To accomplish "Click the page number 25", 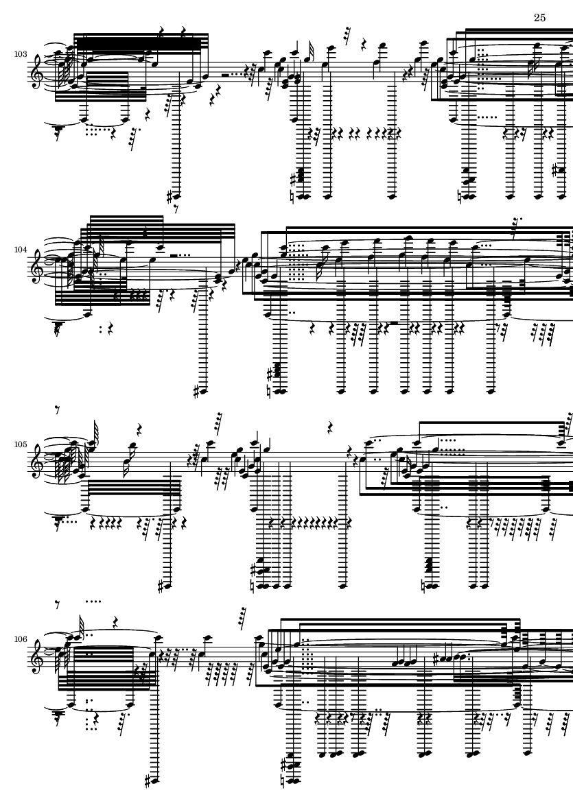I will (x=539, y=18).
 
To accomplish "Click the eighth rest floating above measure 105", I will (x=60, y=409).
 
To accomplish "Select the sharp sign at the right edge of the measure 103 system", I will (x=559, y=169).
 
